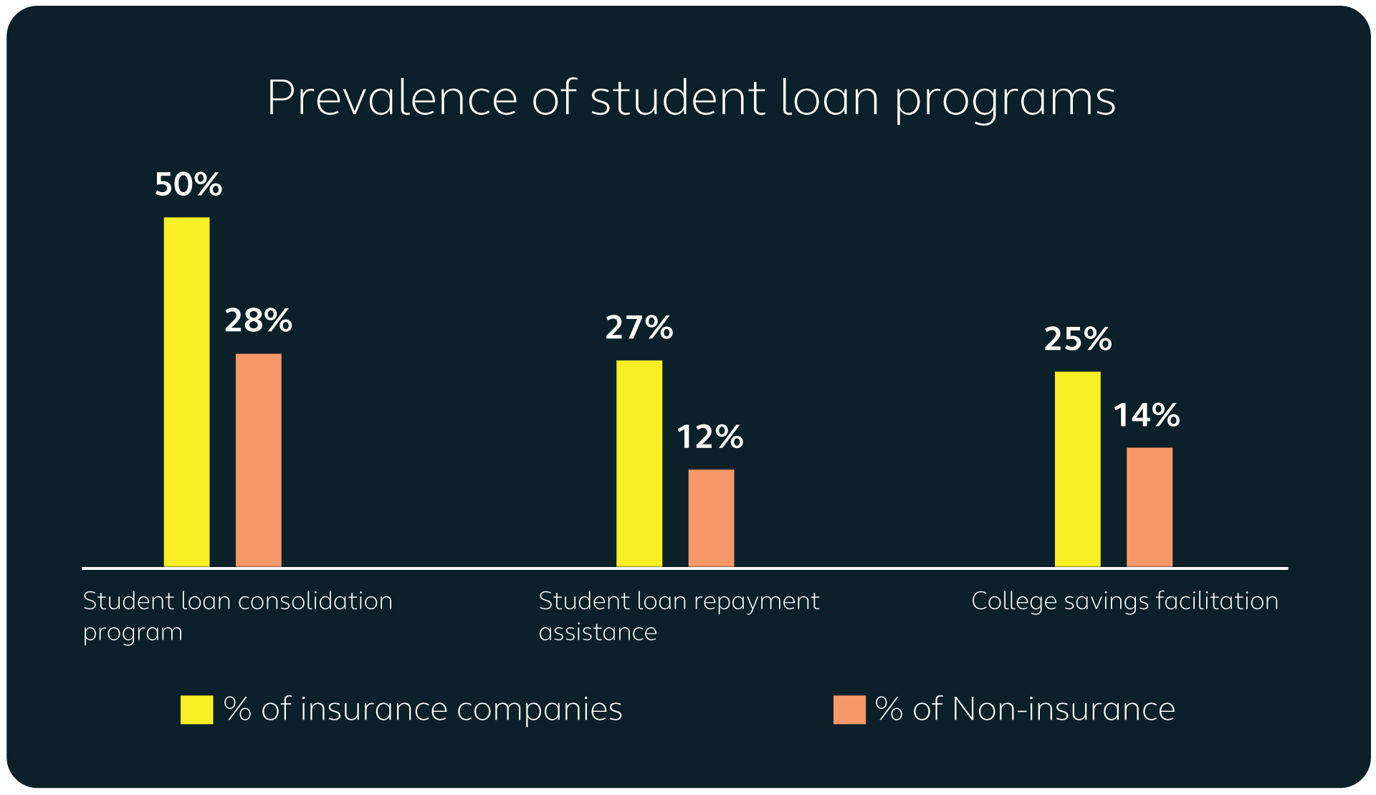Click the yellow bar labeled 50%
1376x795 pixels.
pyautogui.click(x=186, y=391)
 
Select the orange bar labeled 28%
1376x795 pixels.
pyautogui.click(x=258, y=460)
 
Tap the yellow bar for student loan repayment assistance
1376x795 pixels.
pyautogui.click(x=639, y=463)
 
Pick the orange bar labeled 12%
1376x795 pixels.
pyautogui.click(x=711, y=518)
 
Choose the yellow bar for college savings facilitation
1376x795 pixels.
pyautogui.click(x=1077, y=469)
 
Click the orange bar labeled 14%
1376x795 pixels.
pyautogui.click(x=1149, y=507)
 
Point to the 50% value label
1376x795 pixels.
pyautogui.click(x=188, y=185)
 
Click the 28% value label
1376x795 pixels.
pyautogui.click(x=258, y=320)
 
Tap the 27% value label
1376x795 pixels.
pyautogui.click(x=639, y=328)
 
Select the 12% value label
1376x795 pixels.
pyautogui.click(x=710, y=437)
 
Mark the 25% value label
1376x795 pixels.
pyautogui.click(x=1077, y=339)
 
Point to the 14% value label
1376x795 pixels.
pyautogui.click(x=1147, y=415)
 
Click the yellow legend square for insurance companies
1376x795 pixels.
pyautogui.click(x=196, y=710)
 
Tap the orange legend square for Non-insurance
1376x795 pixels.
pyautogui.click(x=849, y=710)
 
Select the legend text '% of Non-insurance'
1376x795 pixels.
pyautogui.click(x=1025, y=710)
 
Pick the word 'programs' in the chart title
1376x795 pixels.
pyautogui.click(x=1005, y=99)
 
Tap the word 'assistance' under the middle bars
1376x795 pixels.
pyautogui.click(x=598, y=632)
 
